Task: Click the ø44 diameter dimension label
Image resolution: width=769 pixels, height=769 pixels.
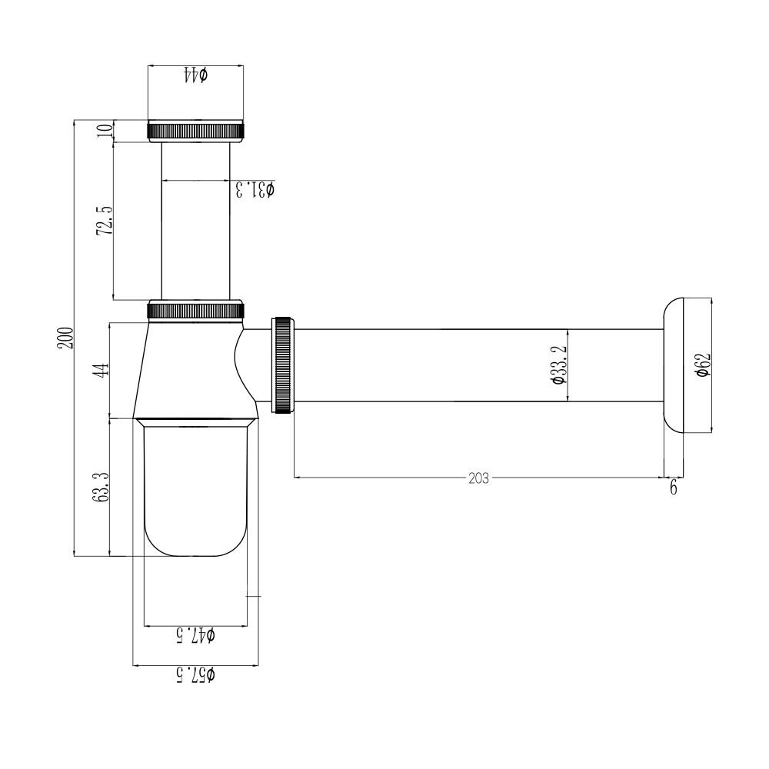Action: click(196, 75)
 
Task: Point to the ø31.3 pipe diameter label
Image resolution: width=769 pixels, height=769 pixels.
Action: click(255, 189)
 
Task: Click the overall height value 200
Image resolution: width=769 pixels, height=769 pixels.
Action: click(65, 338)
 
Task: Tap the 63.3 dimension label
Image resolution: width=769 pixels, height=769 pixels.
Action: click(102, 487)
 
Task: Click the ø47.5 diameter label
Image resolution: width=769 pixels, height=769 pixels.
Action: click(196, 634)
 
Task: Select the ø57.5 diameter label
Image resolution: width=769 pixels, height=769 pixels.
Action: click(196, 674)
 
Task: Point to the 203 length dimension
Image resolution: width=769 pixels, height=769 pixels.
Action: click(478, 478)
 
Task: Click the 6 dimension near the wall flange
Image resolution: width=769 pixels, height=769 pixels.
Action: click(674, 488)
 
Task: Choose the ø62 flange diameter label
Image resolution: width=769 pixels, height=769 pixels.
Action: click(701, 365)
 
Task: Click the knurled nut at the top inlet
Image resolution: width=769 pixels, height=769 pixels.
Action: click(196, 131)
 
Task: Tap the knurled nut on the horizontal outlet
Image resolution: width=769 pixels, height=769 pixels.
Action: click(282, 365)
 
